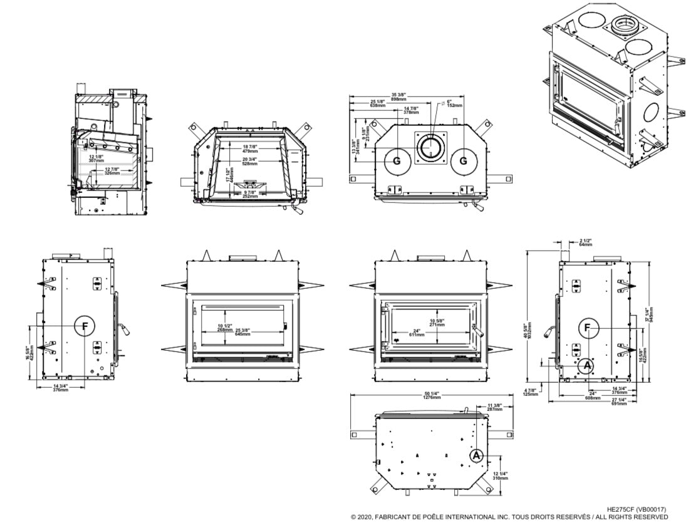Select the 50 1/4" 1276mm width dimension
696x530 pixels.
[x=432, y=395]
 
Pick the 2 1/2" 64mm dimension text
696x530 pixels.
[x=585, y=242]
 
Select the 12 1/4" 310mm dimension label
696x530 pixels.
[x=501, y=475]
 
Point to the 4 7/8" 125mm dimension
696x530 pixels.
[x=531, y=393]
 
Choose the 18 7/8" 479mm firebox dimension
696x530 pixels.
[x=250, y=148]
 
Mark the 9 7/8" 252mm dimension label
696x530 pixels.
[x=251, y=194]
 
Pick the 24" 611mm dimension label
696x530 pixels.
[x=417, y=333]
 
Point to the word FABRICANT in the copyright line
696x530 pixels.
[x=396, y=517]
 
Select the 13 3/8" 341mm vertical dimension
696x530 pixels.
[x=355, y=147]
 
